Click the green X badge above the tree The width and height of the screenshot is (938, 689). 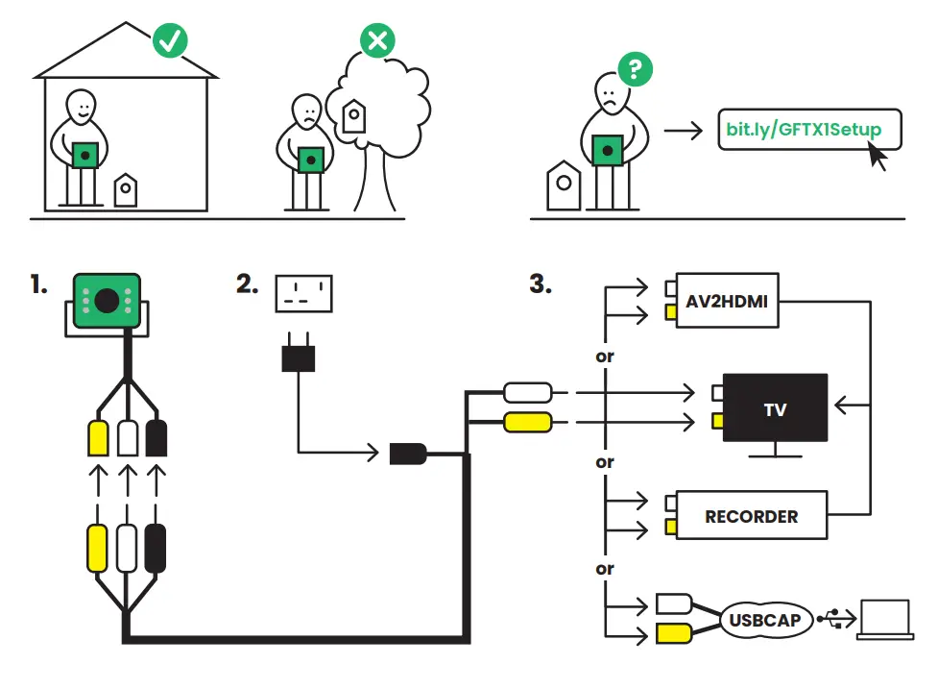(377, 41)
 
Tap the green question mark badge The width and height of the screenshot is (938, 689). (635, 69)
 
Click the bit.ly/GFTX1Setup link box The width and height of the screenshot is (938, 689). (810, 130)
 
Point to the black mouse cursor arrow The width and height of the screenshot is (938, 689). (877, 155)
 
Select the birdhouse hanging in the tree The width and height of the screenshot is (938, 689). (353, 116)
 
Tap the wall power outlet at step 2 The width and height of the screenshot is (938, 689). (303, 293)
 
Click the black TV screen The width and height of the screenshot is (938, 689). (775, 407)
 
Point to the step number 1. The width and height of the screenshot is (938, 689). (38, 285)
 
